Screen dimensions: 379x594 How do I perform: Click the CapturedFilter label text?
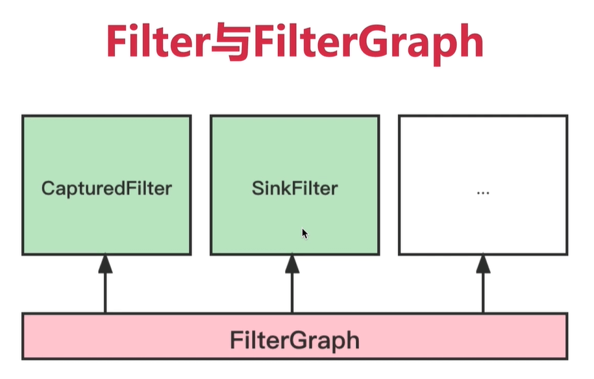(x=106, y=189)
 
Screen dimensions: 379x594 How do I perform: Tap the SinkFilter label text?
(x=295, y=189)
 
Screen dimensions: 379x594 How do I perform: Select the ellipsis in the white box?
(x=482, y=193)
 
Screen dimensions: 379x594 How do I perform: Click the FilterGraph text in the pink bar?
(x=294, y=340)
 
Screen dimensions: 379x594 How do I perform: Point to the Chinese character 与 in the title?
(x=230, y=43)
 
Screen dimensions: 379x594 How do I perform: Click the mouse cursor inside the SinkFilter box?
(x=304, y=233)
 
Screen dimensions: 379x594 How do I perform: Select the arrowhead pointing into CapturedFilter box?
(x=105, y=263)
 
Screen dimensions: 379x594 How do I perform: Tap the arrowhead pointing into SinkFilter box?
(x=292, y=263)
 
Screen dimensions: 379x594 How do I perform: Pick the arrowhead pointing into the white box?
(x=483, y=263)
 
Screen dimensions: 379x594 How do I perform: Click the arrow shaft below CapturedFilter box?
(x=105, y=292)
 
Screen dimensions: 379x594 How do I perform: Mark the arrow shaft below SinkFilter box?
(x=292, y=292)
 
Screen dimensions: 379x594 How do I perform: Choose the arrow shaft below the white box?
(x=483, y=292)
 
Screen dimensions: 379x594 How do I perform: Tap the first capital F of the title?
(x=118, y=43)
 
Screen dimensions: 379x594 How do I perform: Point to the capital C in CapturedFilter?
(x=47, y=189)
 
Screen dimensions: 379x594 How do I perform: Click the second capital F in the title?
(x=263, y=43)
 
